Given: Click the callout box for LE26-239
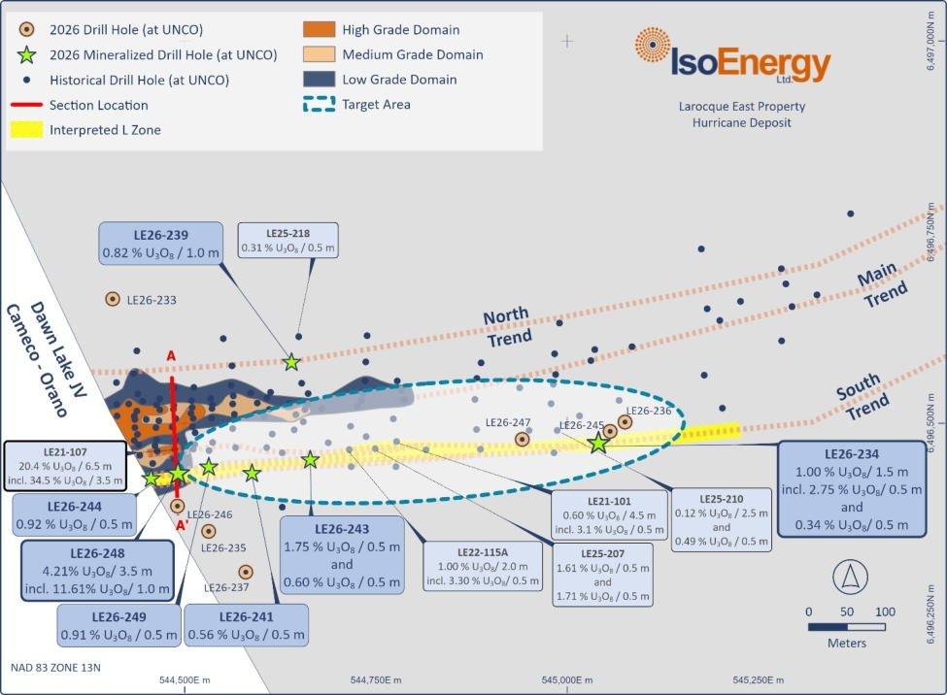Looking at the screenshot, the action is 160,244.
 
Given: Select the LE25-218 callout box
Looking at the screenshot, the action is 287,241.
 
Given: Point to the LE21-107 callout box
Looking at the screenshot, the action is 65,467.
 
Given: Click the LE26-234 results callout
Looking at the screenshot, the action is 852,489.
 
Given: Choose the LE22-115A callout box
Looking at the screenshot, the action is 483,566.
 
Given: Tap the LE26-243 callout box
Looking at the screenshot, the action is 342,555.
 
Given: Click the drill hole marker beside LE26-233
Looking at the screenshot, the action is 113,299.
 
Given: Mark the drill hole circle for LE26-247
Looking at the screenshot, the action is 522,440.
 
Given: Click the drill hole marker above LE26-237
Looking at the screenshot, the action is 245,572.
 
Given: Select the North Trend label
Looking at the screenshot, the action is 507,327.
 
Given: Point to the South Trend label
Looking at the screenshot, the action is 862,397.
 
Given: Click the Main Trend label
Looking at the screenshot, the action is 882,285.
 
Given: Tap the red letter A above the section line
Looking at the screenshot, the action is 171,356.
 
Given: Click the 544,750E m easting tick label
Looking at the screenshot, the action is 376,679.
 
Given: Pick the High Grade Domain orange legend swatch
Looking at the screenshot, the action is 319,29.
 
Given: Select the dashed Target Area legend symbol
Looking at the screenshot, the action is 319,104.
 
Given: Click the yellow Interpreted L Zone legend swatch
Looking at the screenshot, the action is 26,129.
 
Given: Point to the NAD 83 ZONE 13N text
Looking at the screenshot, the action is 55,667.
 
